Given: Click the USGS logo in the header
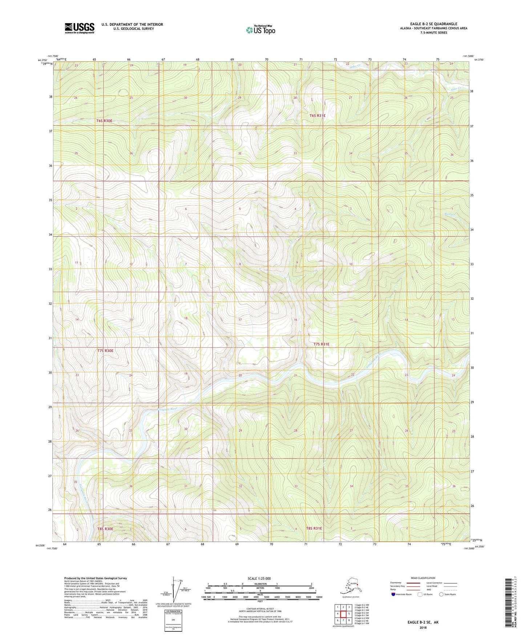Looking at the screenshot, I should click(79, 28).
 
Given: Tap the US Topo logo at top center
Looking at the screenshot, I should click(260, 29).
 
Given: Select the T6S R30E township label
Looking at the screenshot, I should click(104, 121).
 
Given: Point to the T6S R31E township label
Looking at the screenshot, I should click(317, 116).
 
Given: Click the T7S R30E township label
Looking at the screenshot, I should click(105, 351).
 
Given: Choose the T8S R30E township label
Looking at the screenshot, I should click(105, 529).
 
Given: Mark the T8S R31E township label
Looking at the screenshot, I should click(314, 528).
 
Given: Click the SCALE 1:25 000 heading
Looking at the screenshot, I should click(259, 579).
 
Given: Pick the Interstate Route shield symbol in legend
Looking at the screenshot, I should click(393, 594).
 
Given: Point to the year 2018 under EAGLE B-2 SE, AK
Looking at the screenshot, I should click(423, 627).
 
